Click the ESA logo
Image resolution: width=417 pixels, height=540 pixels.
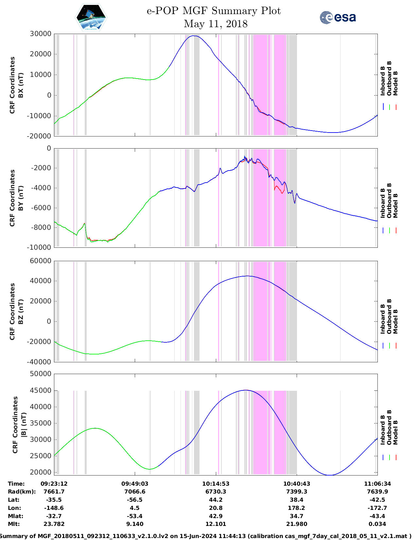pyautogui.click(x=338, y=17)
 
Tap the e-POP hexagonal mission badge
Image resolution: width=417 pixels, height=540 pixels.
pyautogui.click(x=91, y=17)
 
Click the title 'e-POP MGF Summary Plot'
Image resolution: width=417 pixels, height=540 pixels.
pyautogui.click(x=214, y=11)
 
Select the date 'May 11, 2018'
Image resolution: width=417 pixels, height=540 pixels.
pyautogui.click(x=216, y=24)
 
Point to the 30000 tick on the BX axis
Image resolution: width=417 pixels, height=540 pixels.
pyautogui.click(x=40, y=34)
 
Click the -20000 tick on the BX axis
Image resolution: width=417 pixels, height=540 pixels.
pyautogui.click(x=40, y=136)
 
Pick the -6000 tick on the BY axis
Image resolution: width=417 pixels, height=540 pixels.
pyautogui.click(x=41, y=208)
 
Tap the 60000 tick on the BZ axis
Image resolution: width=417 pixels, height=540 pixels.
pyautogui.click(x=40, y=261)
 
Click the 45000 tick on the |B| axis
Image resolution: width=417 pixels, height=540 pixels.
pyautogui.click(x=40, y=390)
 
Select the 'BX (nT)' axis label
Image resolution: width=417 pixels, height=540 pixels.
pyautogui.click(x=21, y=85)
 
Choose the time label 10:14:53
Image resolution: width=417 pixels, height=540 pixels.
pyautogui.click(x=216, y=484)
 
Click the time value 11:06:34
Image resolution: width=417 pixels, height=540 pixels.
pyautogui.click(x=377, y=484)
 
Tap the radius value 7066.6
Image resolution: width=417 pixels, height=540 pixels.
pyautogui.click(x=135, y=492)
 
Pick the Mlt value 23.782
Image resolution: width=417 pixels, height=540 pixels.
pyautogui.click(x=54, y=524)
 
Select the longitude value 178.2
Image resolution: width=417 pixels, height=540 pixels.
pyautogui.click(x=296, y=508)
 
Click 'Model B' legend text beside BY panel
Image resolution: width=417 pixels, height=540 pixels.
pyautogui.click(x=395, y=206)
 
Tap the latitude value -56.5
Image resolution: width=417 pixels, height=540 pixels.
pyautogui.click(x=135, y=500)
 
